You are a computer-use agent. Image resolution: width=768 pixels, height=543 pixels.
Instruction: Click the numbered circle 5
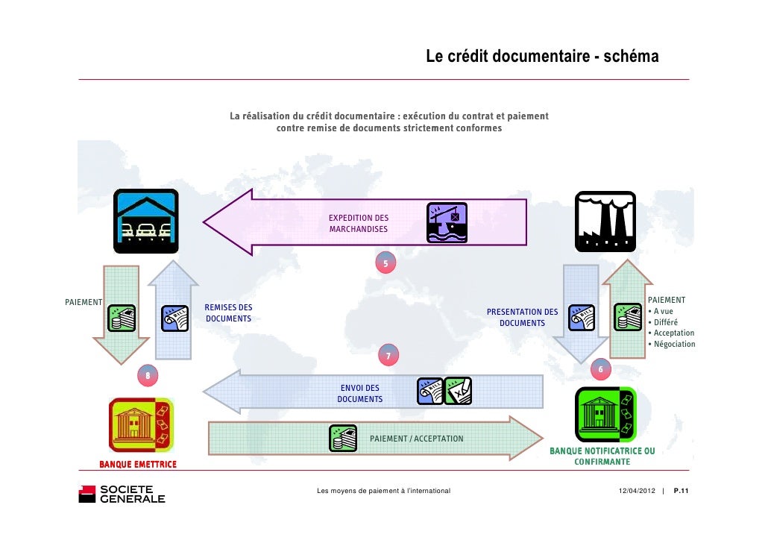pyautogui.click(x=385, y=263)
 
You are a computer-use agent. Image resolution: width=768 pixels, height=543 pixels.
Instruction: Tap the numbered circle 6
pyautogui.click(x=601, y=368)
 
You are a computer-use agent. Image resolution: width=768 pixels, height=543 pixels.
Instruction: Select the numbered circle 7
pyautogui.click(x=388, y=356)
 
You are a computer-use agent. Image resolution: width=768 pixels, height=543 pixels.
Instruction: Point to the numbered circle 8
pyautogui.click(x=148, y=375)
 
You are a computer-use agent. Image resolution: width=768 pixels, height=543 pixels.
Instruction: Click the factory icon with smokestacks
pyautogui.click(x=605, y=222)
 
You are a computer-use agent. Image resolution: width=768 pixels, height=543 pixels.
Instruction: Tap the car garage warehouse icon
pyautogui.click(x=145, y=222)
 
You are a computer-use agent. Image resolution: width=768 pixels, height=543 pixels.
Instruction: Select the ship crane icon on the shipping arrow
pyautogui.click(x=447, y=222)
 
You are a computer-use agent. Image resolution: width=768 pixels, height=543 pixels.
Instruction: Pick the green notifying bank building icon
pyautogui.click(x=605, y=415)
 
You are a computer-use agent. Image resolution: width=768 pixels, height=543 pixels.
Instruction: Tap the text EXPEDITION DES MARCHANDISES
pyautogui.click(x=359, y=223)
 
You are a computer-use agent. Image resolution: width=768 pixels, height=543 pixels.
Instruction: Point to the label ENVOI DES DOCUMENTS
pyautogui.click(x=359, y=393)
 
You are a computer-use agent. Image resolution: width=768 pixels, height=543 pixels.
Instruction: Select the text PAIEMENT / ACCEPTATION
pyautogui.click(x=416, y=439)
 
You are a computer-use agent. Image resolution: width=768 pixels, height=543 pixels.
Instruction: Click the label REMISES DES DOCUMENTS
pyautogui.click(x=228, y=313)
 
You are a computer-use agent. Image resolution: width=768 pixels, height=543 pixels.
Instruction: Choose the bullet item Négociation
pyautogui.click(x=674, y=344)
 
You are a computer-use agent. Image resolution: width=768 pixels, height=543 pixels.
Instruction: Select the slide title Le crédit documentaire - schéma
pyautogui.click(x=542, y=57)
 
